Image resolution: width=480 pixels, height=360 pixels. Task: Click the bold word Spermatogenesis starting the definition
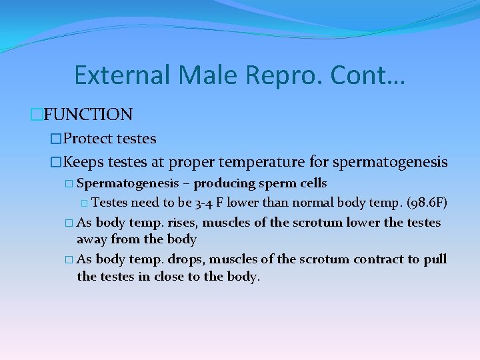point(128,183)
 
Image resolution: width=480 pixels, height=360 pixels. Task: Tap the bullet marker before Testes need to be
point(83,203)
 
